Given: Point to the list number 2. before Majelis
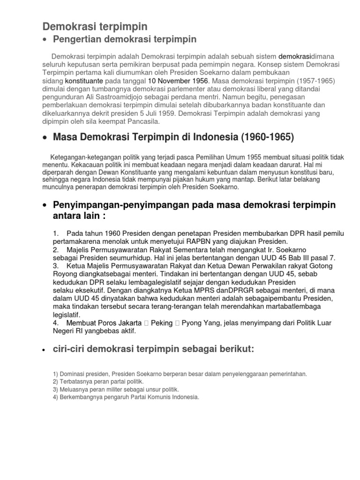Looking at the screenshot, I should (56, 250).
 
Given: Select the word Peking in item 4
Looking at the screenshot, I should (162, 322).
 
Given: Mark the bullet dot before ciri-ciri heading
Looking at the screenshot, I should (44, 350).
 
